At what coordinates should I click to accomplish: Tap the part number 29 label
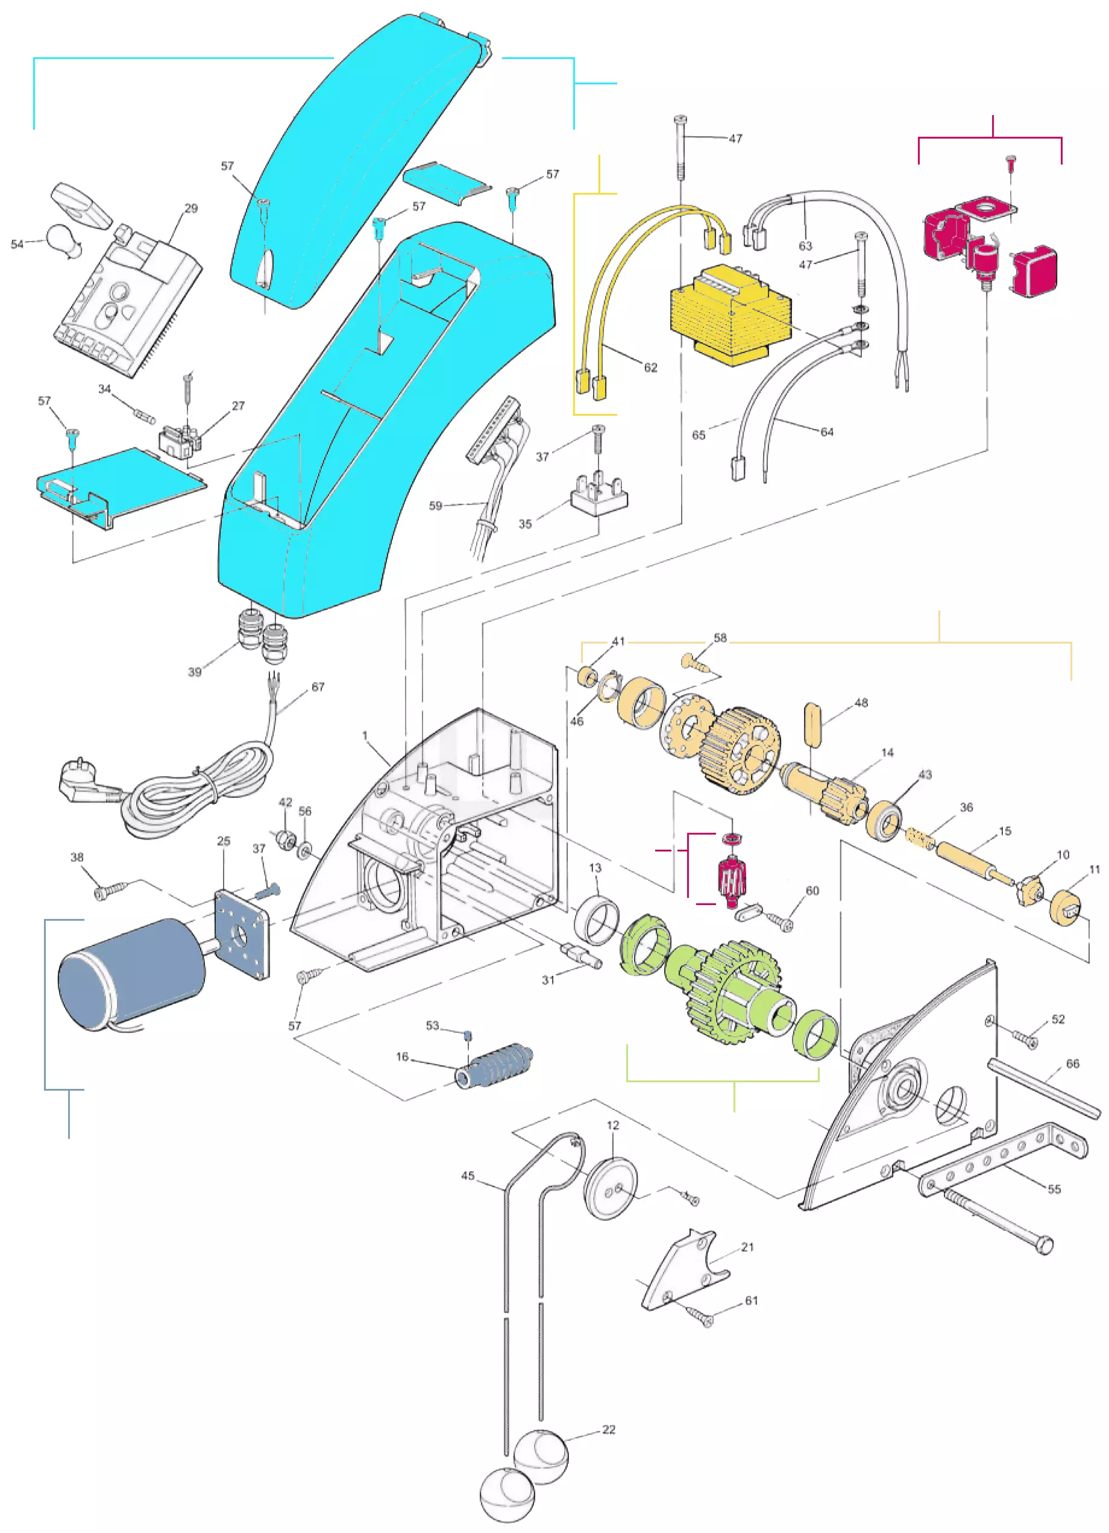click(x=192, y=208)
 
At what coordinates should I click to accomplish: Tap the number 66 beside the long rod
click(x=1073, y=1064)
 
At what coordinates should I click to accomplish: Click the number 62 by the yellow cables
click(x=650, y=368)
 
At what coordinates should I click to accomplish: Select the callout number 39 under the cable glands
click(x=195, y=672)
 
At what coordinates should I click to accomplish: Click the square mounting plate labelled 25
click(x=243, y=934)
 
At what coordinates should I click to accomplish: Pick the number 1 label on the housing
click(x=365, y=735)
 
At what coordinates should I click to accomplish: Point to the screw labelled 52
click(x=1025, y=1037)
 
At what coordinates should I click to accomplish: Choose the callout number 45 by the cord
click(x=468, y=1176)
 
